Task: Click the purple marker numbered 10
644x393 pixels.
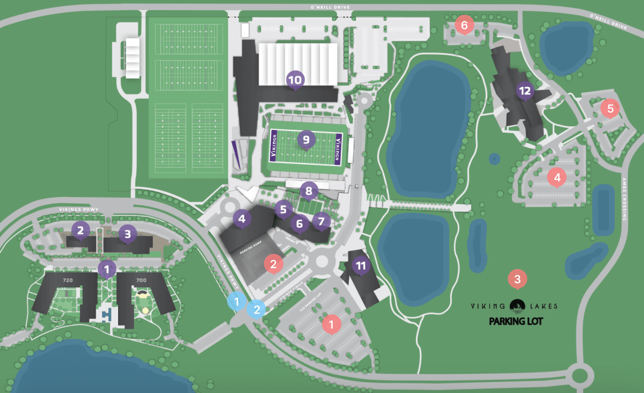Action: point(295,80)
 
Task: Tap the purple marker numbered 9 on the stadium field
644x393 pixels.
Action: point(306,139)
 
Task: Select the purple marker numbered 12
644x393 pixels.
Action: point(525,91)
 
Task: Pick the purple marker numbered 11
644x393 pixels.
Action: point(361,266)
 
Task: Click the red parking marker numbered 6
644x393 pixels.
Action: point(464,25)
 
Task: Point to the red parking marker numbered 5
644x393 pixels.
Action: point(610,108)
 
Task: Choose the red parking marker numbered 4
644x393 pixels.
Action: point(557,177)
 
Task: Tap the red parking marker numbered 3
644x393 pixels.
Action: point(517,279)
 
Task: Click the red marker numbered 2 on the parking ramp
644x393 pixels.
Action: point(273,264)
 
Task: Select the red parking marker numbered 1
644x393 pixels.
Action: point(331,324)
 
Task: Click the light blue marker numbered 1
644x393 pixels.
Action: point(237,301)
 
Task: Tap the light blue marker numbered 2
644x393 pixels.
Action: point(257,309)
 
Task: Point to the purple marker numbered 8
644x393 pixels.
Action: point(309,191)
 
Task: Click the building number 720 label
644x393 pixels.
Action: point(68,280)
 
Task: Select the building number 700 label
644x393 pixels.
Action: point(141,280)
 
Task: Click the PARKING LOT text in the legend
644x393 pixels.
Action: point(516,321)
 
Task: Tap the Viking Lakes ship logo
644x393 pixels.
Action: point(517,306)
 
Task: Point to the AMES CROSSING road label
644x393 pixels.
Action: point(624,199)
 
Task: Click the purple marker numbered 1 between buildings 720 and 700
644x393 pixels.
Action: point(107,269)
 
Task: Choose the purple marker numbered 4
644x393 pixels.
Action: point(242,219)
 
